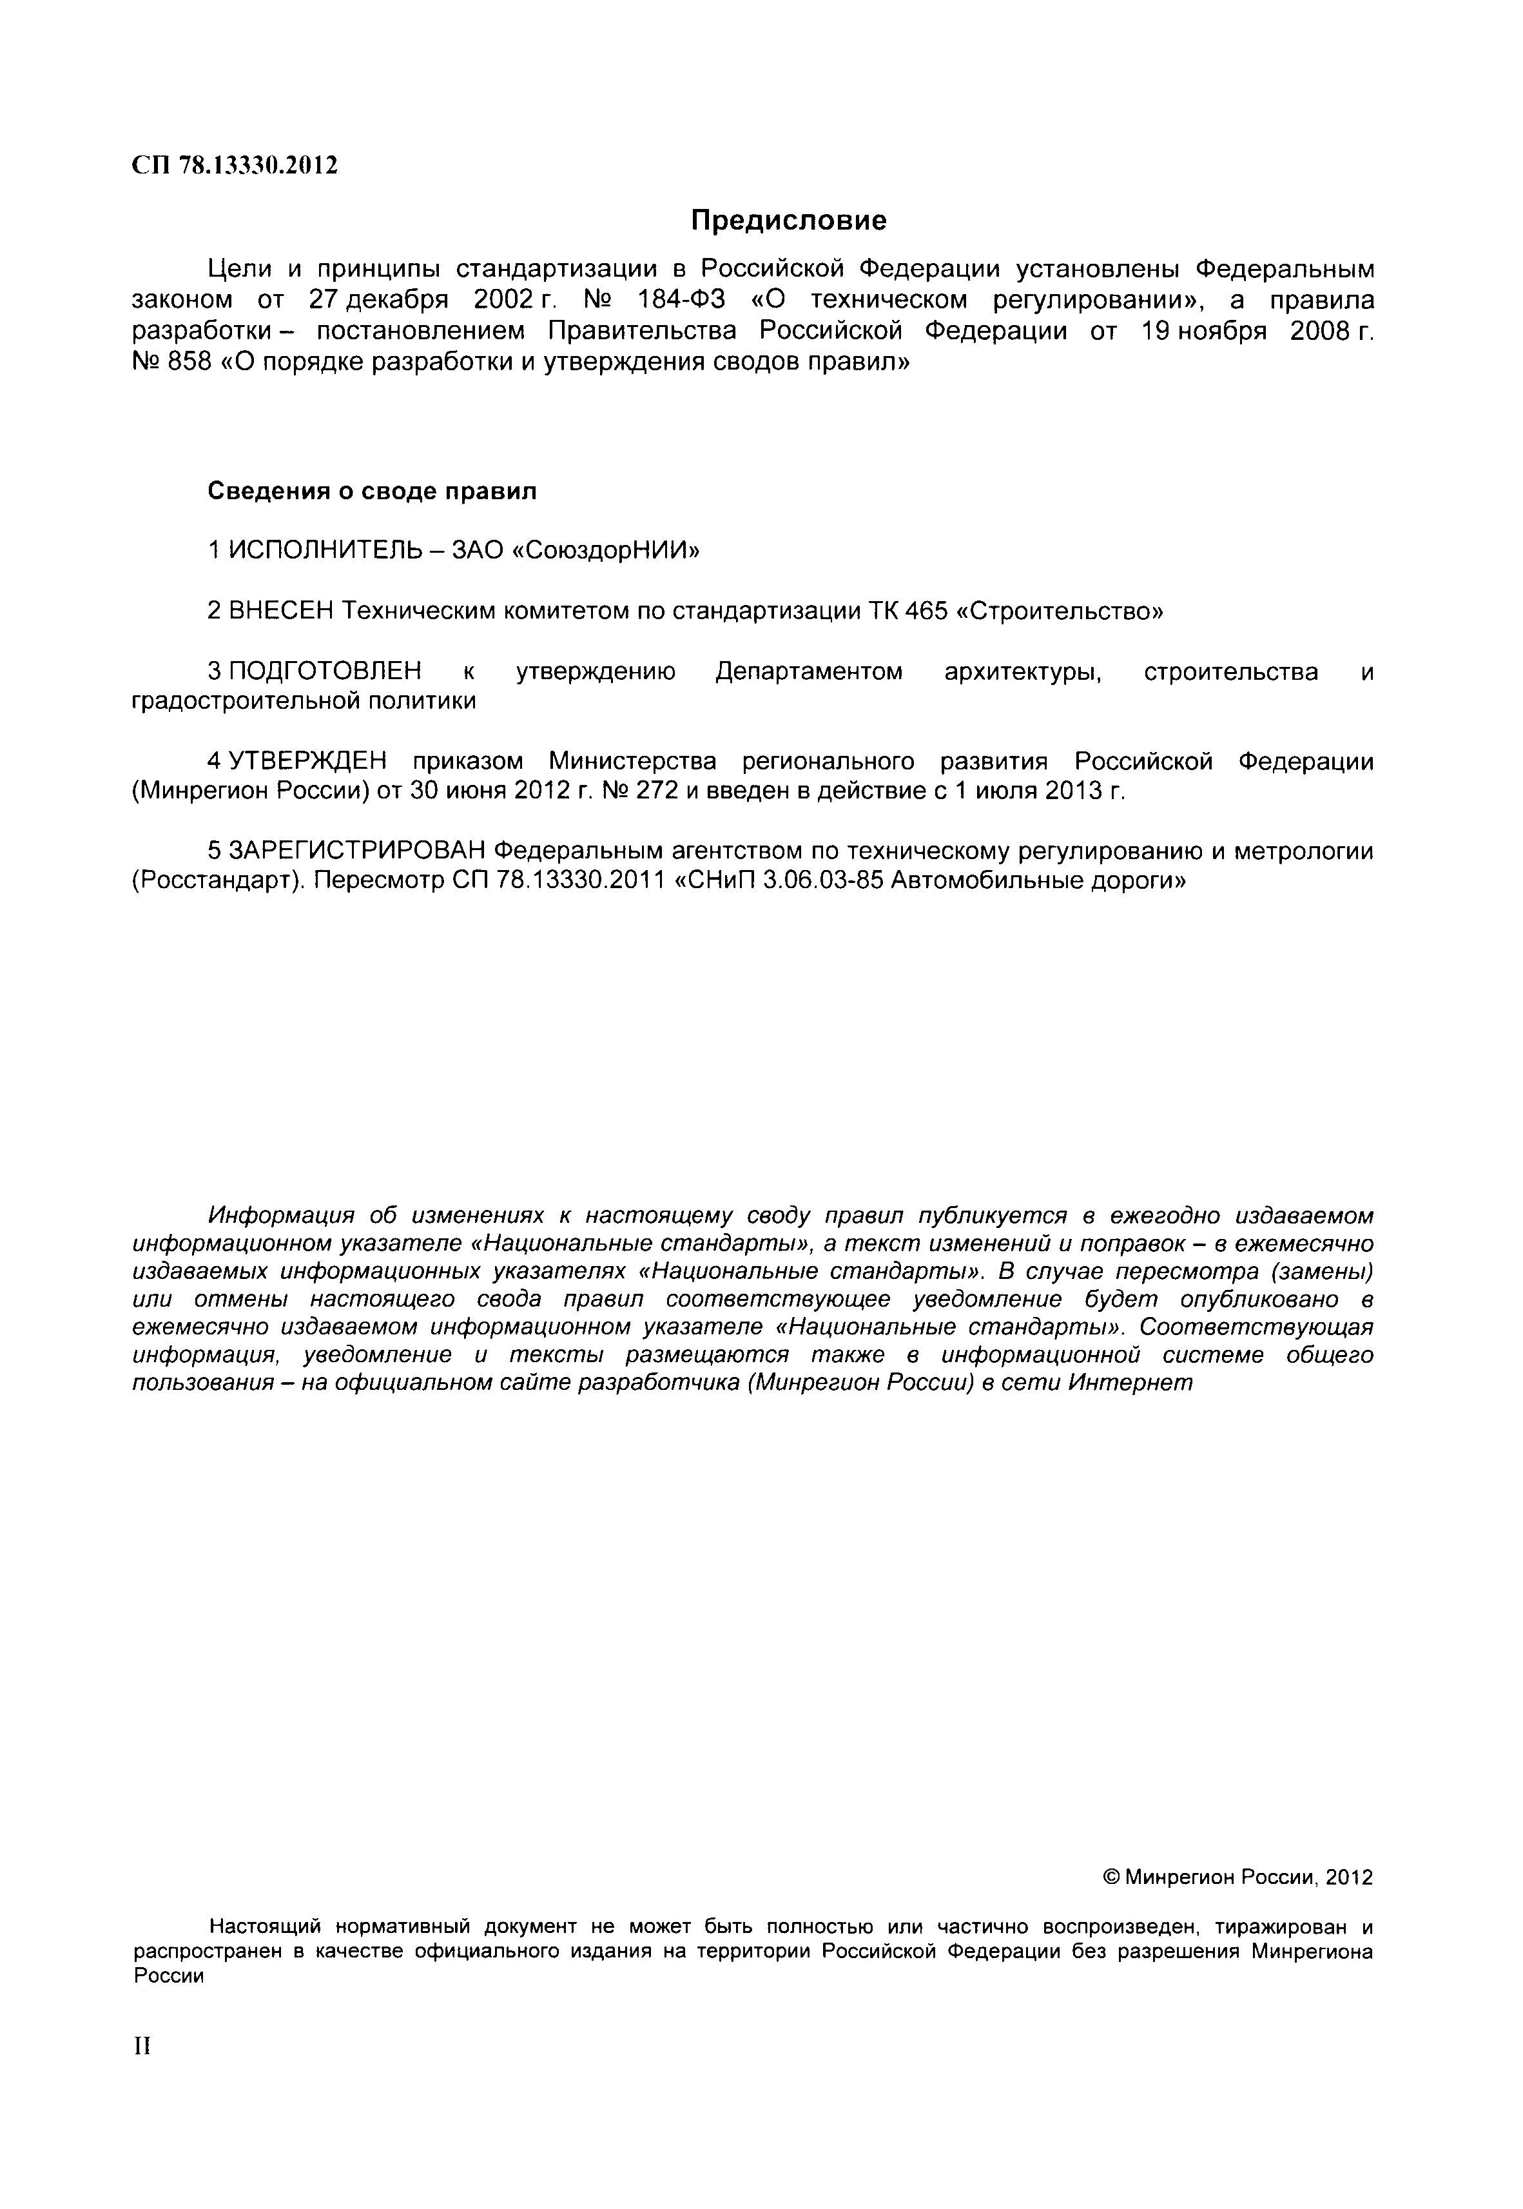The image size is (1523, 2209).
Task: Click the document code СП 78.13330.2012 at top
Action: click(234, 166)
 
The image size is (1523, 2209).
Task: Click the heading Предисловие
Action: click(788, 221)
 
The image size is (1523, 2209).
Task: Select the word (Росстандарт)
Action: click(218, 880)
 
